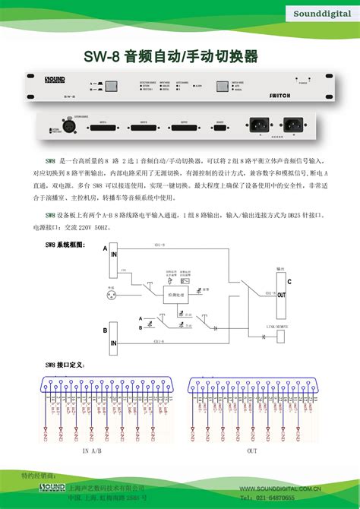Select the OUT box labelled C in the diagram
281,296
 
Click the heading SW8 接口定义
65,365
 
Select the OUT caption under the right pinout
252,451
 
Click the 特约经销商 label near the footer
38,475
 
